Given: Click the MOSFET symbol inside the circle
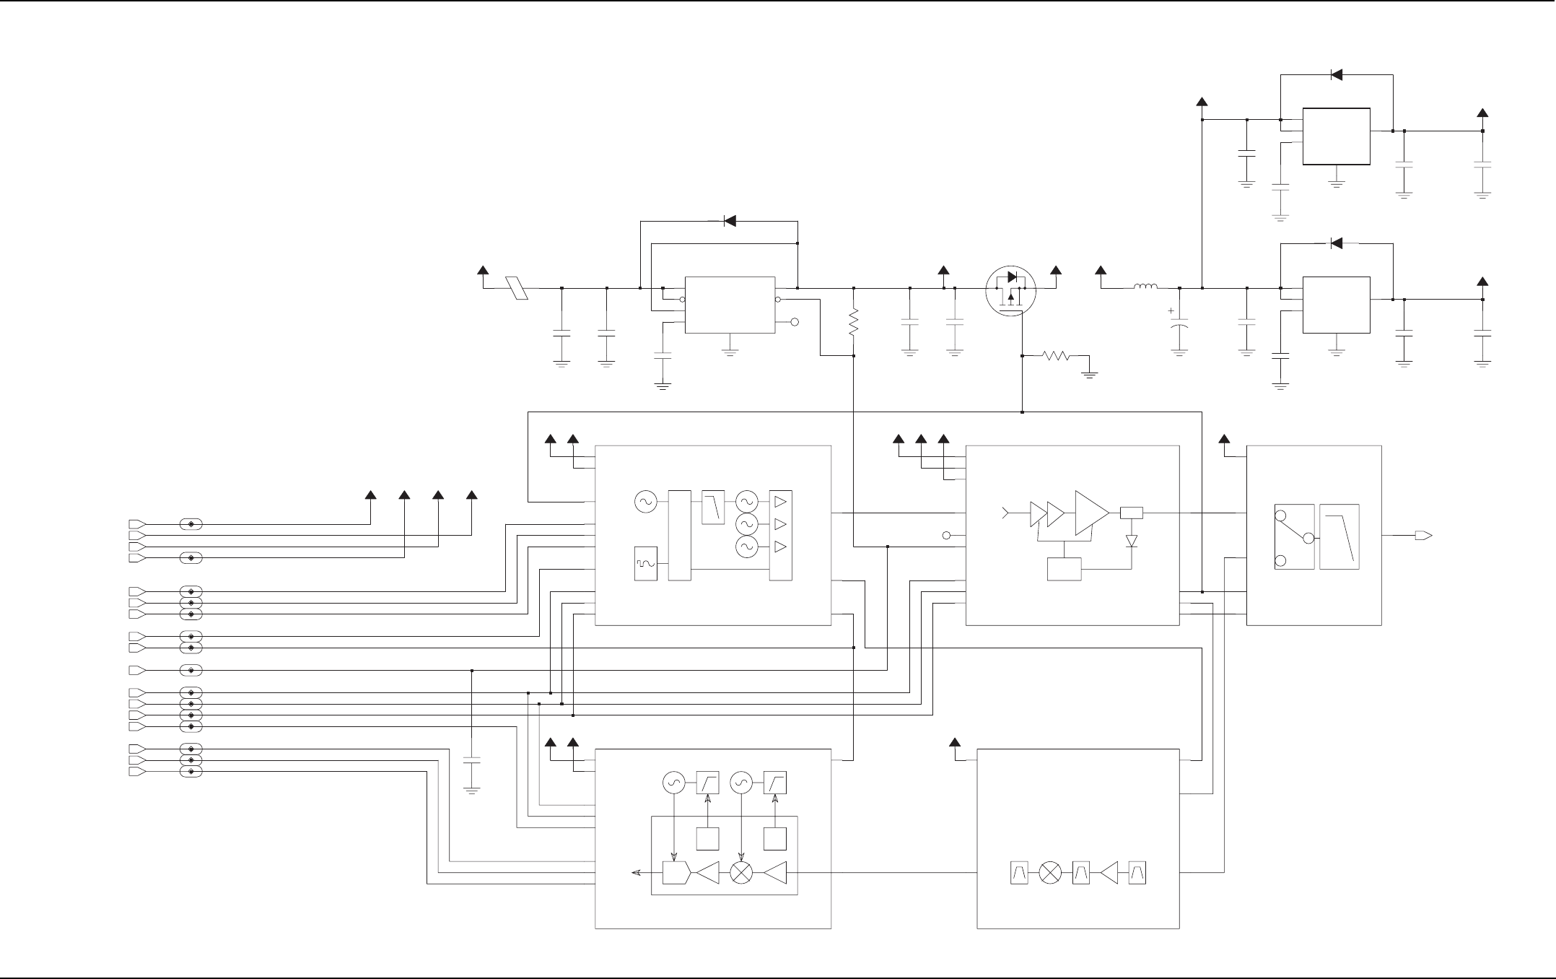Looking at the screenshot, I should [x=1011, y=291].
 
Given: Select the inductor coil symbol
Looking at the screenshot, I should [x=1145, y=288].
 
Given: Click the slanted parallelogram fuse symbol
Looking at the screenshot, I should [x=517, y=288].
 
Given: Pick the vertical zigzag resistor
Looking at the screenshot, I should [x=854, y=322].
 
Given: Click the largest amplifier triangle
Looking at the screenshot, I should [x=1091, y=513].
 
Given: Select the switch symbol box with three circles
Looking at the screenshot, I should [x=1294, y=536].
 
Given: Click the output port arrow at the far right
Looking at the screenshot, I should [x=1423, y=536].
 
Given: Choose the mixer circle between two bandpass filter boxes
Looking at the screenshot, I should [x=1052, y=873].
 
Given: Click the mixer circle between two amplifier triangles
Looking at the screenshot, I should [x=742, y=873].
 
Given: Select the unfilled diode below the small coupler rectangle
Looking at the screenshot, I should [x=1131, y=540].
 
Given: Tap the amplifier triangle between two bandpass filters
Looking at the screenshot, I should [x=1109, y=873].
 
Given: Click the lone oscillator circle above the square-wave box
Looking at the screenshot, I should [x=644, y=501].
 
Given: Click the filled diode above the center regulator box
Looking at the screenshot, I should [x=730, y=221].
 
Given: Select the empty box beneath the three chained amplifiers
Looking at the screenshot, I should [x=1064, y=569].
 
